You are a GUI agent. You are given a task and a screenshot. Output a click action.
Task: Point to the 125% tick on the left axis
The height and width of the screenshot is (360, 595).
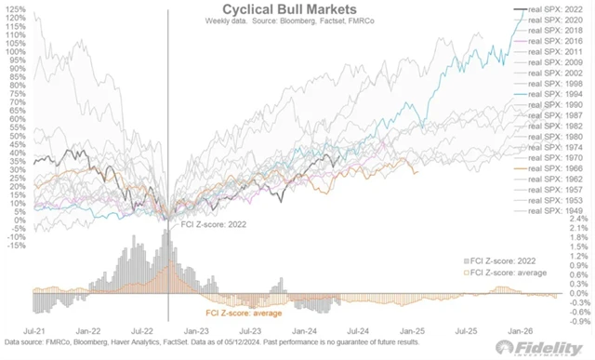pyautogui.click(x=15, y=8)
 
